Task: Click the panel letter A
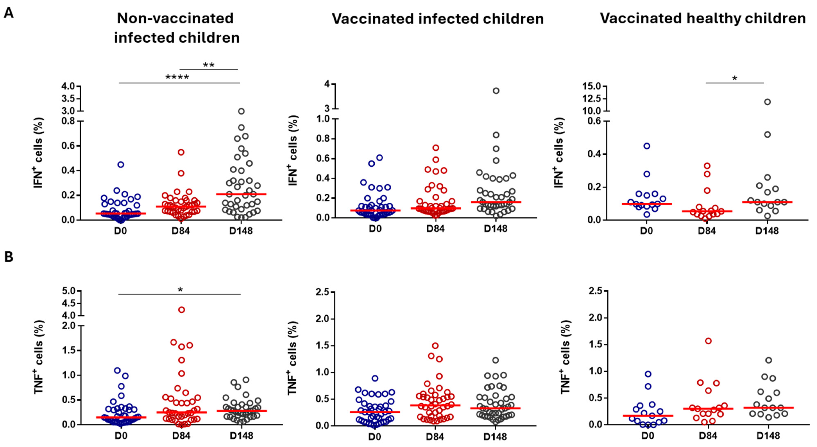tap(9, 13)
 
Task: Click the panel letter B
tap(9, 257)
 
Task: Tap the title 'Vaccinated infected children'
tap(438, 19)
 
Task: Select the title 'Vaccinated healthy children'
tap(703, 18)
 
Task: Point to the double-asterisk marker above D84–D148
tap(209, 65)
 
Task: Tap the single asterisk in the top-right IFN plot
tap(734, 78)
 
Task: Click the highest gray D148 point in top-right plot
tap(767, 102)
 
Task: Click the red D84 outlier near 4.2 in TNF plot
tap(181, 310)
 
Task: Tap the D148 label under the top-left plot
tap(241, 231)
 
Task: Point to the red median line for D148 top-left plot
tap(241, 194)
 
